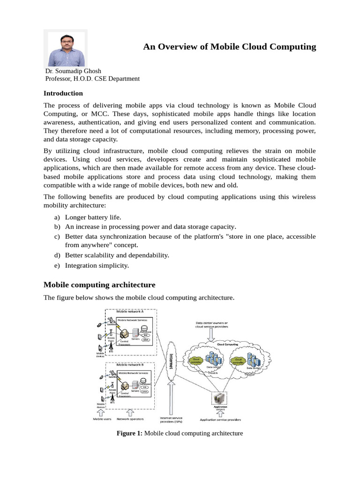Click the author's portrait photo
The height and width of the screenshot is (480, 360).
tap(66, 48)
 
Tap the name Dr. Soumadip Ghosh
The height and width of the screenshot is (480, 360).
tap(73, 71)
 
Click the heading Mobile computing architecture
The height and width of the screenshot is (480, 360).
tap(99, 285)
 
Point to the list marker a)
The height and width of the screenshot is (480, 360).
tap(57, 217)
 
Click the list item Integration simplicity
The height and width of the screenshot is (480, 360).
tap(97, 265)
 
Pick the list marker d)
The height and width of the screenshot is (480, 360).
tap(57, 255)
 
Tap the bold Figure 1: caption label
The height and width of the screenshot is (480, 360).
tap(129, 433)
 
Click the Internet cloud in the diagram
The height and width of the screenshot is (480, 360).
tap(172, 360)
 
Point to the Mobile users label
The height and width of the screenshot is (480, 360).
tap(102, 419)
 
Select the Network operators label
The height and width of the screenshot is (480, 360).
tap(130, 419)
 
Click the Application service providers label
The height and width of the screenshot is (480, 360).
tap(220, 420)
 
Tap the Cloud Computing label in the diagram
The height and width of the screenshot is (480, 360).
tap(227, 344)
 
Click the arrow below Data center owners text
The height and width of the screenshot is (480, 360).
tap(211, 334)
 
